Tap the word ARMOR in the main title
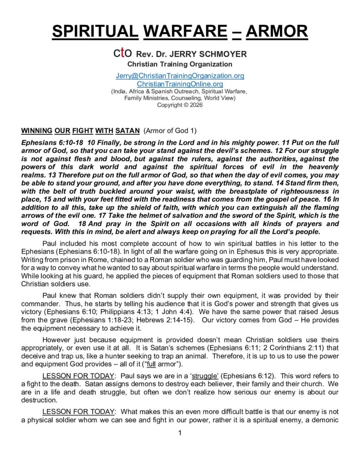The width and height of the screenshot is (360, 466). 278,32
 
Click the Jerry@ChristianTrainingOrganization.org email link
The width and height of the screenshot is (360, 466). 180,76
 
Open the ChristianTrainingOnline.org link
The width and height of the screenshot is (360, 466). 180,84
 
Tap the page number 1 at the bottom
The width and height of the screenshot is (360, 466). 180,433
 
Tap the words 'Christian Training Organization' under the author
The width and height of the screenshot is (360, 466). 180,64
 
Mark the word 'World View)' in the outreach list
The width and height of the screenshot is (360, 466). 216,98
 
